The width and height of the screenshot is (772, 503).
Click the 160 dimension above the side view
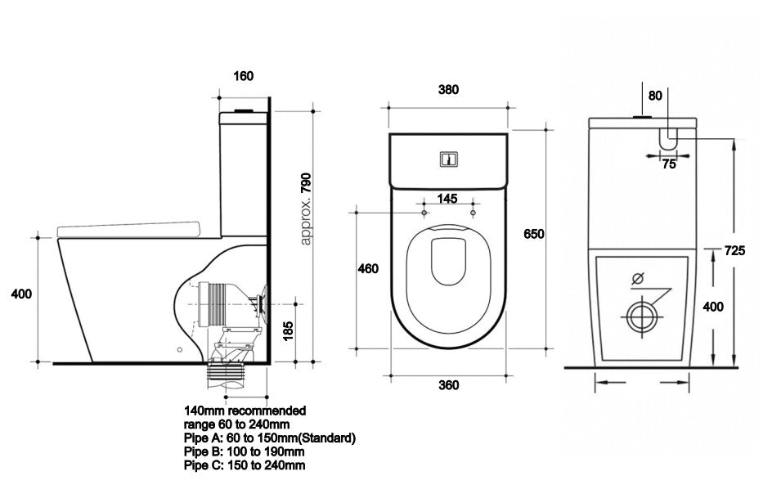coord(244,76)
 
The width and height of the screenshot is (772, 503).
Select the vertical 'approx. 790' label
coord(307,209)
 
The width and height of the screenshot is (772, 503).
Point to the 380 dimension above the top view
coord(447,90)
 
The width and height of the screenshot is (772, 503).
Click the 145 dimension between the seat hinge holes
coord(447,197)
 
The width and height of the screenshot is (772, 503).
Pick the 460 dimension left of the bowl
coord(368,268)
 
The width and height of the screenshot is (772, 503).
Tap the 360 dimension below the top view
coord(447,384)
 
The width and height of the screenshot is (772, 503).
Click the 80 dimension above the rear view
coord(655,96)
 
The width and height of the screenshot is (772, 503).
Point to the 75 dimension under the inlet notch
coord(669,164)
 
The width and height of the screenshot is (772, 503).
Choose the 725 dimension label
coord(734,251)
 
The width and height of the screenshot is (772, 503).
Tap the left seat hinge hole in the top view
coord(423,213)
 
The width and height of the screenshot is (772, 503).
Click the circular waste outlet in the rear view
coord(641,316)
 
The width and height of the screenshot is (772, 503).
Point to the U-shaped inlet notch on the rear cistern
coord(669,138)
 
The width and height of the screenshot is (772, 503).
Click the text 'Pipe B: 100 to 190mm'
coord(244,451)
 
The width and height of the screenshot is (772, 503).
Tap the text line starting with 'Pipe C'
coord(244,465)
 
